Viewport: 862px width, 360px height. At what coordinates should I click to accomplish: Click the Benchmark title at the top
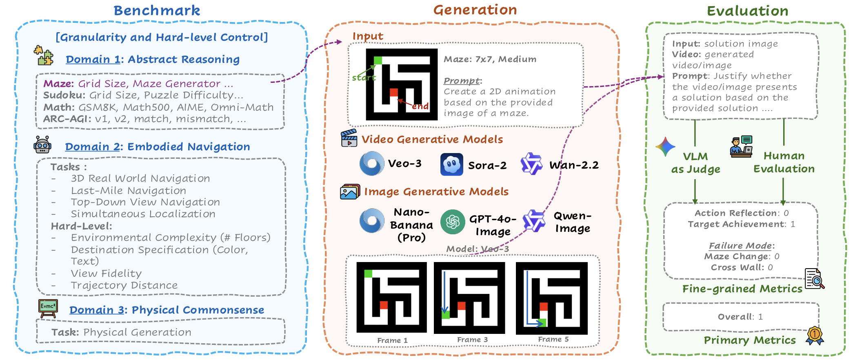pyautogui.click(x=157, y=11)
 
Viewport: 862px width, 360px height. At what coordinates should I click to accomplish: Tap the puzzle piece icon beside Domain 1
pyautogui.click(x=44, y=56)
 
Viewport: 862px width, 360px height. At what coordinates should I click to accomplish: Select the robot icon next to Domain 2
pyautogui.click(x=42, y=145)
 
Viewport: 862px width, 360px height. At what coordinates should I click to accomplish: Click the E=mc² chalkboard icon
pyautogui.click(x=48, y=308)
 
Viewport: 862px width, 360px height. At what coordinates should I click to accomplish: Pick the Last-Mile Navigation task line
pyautogui.click(x=128, y=191)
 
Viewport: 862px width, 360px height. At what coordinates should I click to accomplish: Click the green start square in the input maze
pyautogui.click(x=378, y=61)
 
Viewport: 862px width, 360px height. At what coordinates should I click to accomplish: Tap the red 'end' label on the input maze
pyautogui.click(x=420, y=106)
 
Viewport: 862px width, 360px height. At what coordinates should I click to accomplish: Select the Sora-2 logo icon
pyautogui.click(x=451, y=164)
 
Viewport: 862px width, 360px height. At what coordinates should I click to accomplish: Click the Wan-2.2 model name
pyautogui.click(x=574, y=165)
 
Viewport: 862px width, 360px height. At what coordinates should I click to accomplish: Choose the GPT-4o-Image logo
pyautogui.click(x=453, y=222)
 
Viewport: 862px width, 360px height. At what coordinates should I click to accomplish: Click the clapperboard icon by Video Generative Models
pyautogui.click(x=349, y=138)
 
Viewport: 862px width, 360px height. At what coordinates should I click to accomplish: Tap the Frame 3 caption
pyautogui.click(x=472, y=340)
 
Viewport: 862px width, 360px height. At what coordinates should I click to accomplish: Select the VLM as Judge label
pyautogui.click(x=695, y=162)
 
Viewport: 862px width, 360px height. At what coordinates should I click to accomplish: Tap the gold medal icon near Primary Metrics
pyautogui.click(x=814, y=336)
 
